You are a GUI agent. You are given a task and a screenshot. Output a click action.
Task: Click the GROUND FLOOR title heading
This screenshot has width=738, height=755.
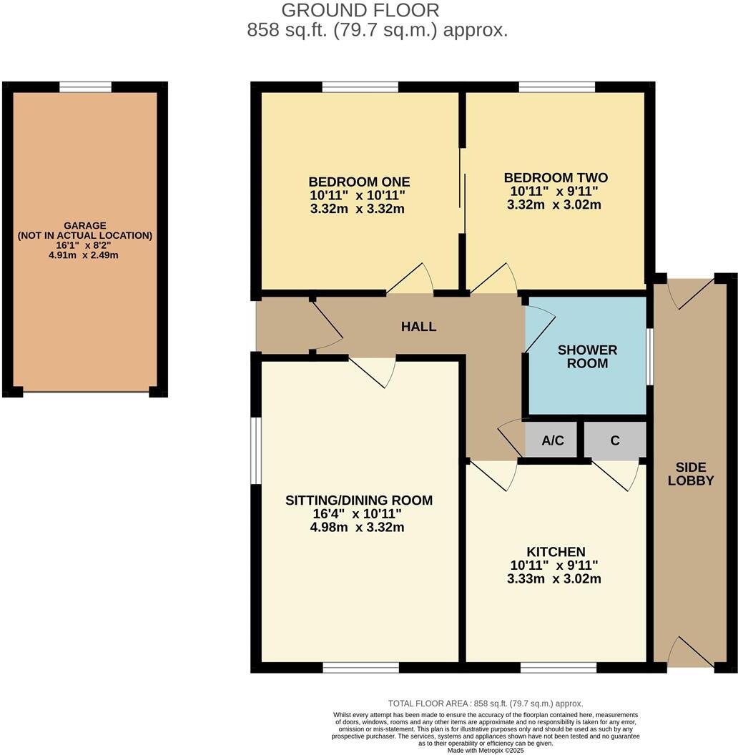360,11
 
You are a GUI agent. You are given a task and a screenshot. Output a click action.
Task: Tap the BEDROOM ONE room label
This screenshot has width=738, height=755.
359,180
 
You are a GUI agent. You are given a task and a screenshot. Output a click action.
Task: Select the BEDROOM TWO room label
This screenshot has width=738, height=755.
556,177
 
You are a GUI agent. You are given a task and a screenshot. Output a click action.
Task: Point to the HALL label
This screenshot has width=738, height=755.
418,327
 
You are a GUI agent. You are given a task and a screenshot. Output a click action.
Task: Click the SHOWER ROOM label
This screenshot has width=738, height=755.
587,356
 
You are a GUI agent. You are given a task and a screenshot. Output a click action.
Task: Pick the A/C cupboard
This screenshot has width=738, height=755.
553,441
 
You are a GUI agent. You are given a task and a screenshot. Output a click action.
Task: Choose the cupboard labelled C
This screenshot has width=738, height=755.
615,440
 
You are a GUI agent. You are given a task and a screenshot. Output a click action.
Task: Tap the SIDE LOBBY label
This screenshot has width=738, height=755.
691,474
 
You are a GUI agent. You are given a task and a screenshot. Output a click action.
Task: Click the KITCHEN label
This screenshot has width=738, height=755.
556,552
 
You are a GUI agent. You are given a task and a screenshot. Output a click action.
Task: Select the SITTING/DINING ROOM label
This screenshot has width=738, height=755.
359,500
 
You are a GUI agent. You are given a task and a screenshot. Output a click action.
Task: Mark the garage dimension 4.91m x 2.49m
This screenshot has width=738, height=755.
84,255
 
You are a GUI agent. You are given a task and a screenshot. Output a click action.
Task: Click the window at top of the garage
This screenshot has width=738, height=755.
85,87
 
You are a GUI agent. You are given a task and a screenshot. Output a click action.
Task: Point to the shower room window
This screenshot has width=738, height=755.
649,356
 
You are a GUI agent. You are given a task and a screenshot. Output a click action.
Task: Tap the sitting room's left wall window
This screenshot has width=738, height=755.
254,450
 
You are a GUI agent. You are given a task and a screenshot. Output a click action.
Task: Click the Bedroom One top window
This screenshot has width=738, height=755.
360,87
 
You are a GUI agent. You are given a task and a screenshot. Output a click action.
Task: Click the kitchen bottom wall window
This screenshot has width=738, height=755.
558,668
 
